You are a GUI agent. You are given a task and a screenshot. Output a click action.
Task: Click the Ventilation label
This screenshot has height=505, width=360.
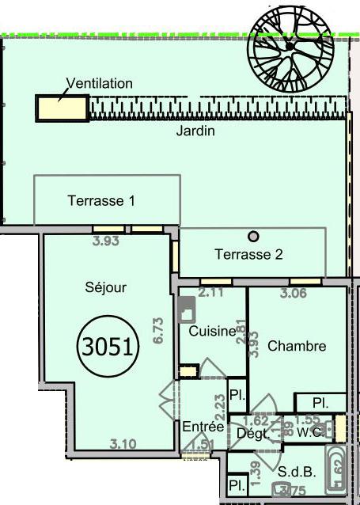(99, 83)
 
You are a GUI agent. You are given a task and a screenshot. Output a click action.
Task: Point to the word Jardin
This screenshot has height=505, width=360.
(195, 131)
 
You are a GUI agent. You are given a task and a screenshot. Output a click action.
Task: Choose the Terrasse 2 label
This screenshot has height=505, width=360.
(249, 255)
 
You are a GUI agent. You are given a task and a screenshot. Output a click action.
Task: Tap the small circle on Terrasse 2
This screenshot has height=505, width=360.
(253, 235)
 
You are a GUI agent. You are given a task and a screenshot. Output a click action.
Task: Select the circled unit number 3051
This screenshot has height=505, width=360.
(108, 345)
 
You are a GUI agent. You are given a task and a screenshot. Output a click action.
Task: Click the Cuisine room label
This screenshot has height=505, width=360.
(212, 332)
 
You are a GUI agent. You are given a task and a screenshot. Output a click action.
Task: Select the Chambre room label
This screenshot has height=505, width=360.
(297, 346)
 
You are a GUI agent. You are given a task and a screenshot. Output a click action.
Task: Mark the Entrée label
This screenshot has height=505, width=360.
(199, 426)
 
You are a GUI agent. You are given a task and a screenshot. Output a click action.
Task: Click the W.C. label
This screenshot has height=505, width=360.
(309, 432)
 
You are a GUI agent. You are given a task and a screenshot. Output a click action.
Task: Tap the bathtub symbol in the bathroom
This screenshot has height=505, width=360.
(335, 473)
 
